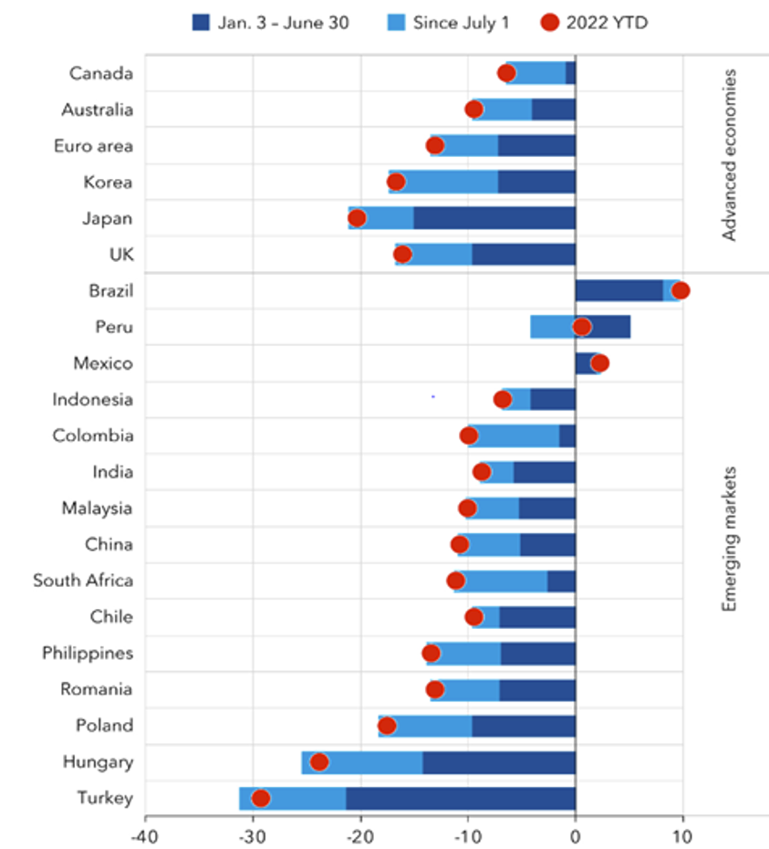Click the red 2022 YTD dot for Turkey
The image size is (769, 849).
[261, 798]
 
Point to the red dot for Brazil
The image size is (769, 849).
[680, 291]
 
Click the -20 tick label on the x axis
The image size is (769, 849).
[360, 833]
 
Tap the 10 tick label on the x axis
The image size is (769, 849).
[682, 833]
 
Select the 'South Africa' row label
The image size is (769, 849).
[83, 581]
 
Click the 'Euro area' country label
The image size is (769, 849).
[93, 146]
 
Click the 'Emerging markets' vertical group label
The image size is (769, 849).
[729, 540]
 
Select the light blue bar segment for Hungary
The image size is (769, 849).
[362, 762]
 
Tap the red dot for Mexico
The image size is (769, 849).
[599, 363]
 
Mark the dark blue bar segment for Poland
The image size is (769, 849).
[524, 726]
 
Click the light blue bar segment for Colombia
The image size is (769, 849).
[514, 435]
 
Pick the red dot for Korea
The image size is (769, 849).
[396, 182]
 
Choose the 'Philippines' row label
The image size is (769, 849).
[88, 653]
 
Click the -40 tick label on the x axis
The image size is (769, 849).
[144, 833]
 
